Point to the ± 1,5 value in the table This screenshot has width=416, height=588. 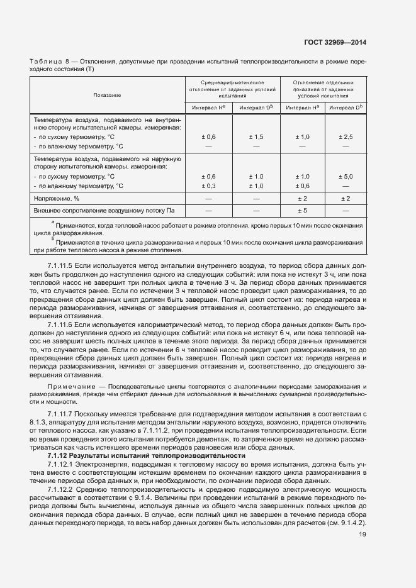tap(256, 136)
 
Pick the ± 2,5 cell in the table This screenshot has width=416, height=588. tap(346, 136)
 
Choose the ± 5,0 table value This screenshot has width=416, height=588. tap(346, 177)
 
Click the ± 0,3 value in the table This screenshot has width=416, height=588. tap(208, 186)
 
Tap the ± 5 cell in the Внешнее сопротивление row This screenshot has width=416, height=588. tap(302, 210)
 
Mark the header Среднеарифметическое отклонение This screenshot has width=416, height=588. tap(232, 89)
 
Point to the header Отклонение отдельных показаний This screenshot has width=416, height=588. tap(323, 89)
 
